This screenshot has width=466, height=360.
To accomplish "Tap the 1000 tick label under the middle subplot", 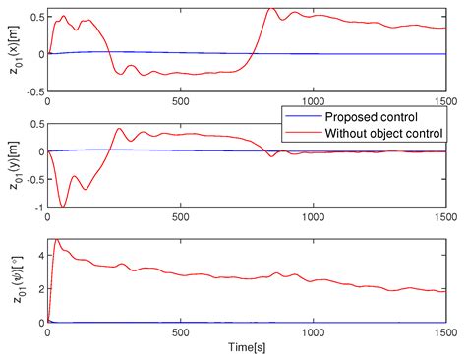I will (312, 216).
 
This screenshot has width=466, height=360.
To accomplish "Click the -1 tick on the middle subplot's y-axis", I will (37, 208).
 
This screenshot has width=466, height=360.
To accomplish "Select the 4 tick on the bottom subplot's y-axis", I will (39, 255).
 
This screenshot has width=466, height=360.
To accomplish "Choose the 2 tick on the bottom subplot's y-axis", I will (39, 288).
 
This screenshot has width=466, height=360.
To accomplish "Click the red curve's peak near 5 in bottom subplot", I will (56, 239).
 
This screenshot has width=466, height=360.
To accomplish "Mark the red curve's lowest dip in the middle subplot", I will (64, 206).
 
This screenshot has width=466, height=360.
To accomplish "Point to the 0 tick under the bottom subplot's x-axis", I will (48, 332).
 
